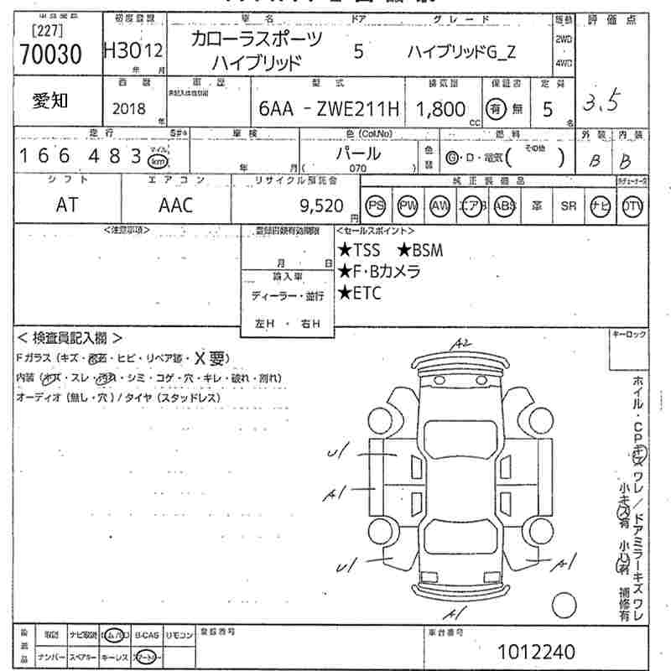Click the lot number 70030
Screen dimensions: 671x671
[49, 54]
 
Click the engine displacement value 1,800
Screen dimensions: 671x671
[441, 108]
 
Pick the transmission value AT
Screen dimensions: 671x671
[66, 205]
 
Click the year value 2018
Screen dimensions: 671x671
[128, 108]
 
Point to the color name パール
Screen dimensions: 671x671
[358, 153]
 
